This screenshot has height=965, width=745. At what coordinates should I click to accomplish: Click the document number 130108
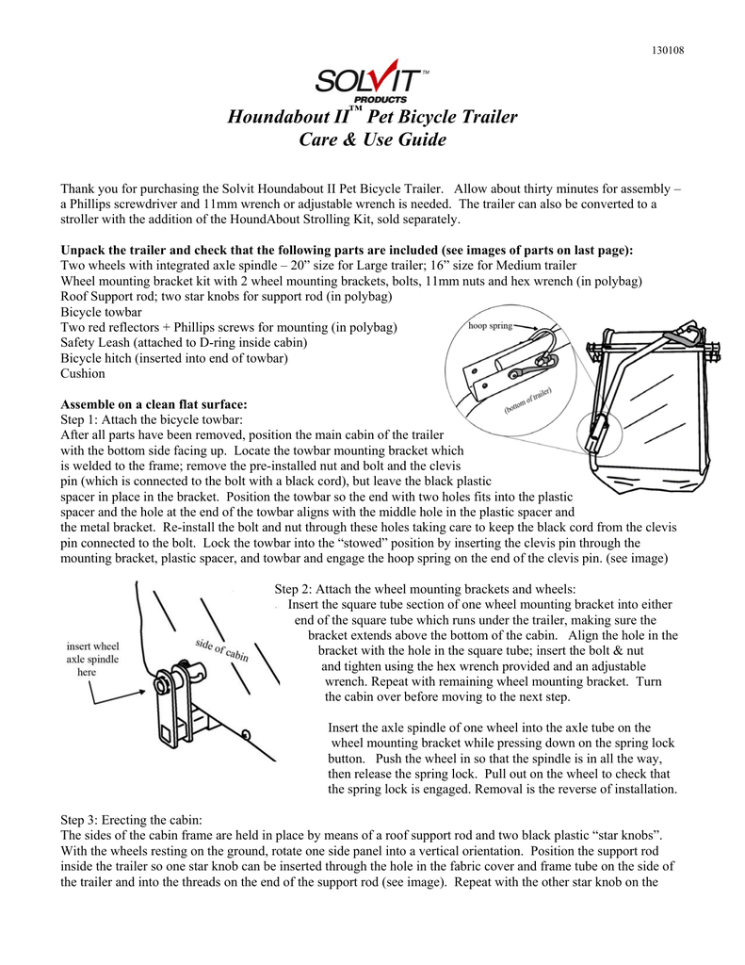pyautogui.click(x=669, y=49)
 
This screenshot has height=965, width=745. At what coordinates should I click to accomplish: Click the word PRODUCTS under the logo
pyautogui.click(x=381, y=99)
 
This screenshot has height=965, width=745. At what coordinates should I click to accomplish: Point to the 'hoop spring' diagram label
pyautogui.click(x=491, y=326)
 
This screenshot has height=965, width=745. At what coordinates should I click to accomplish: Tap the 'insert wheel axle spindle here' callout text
pyautogui.click(x=91, y=660)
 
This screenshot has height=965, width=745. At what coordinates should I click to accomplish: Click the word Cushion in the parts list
pyautogui.click(x=83, y=373)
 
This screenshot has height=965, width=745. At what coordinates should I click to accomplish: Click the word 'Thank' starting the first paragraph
pyautogui.click(x=79, y=188)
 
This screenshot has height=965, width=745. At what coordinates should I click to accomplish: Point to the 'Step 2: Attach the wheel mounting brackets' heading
pyautogui.click(x=424, y=589)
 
